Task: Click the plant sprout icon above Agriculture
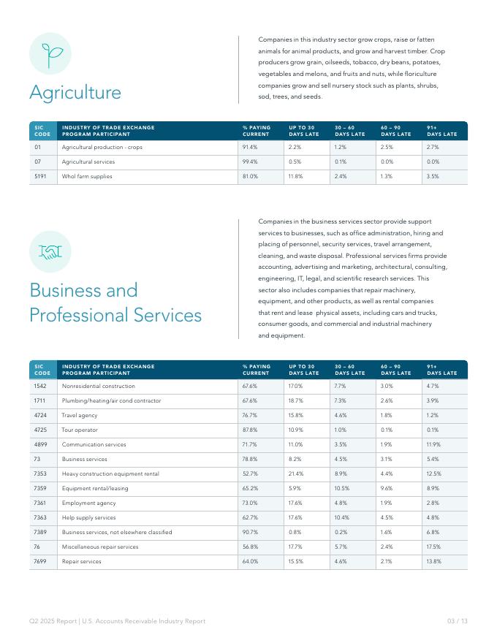(50, 53)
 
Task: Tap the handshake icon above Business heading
(50, 251)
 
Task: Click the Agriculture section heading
(75, 93)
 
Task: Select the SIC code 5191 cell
(40, 176)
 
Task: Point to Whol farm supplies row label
(87, 176)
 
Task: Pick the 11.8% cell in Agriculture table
(295, 176)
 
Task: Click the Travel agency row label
(80, 415)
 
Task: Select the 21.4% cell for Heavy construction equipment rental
(295, 473)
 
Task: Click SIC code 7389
(40, 532)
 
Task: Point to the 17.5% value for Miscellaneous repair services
(434, 547)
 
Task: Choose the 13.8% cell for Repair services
(434, 561)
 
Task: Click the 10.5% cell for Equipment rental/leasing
(343, 488)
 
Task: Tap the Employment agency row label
(88, 503)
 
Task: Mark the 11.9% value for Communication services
(433, 444)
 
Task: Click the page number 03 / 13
(457, 621)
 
